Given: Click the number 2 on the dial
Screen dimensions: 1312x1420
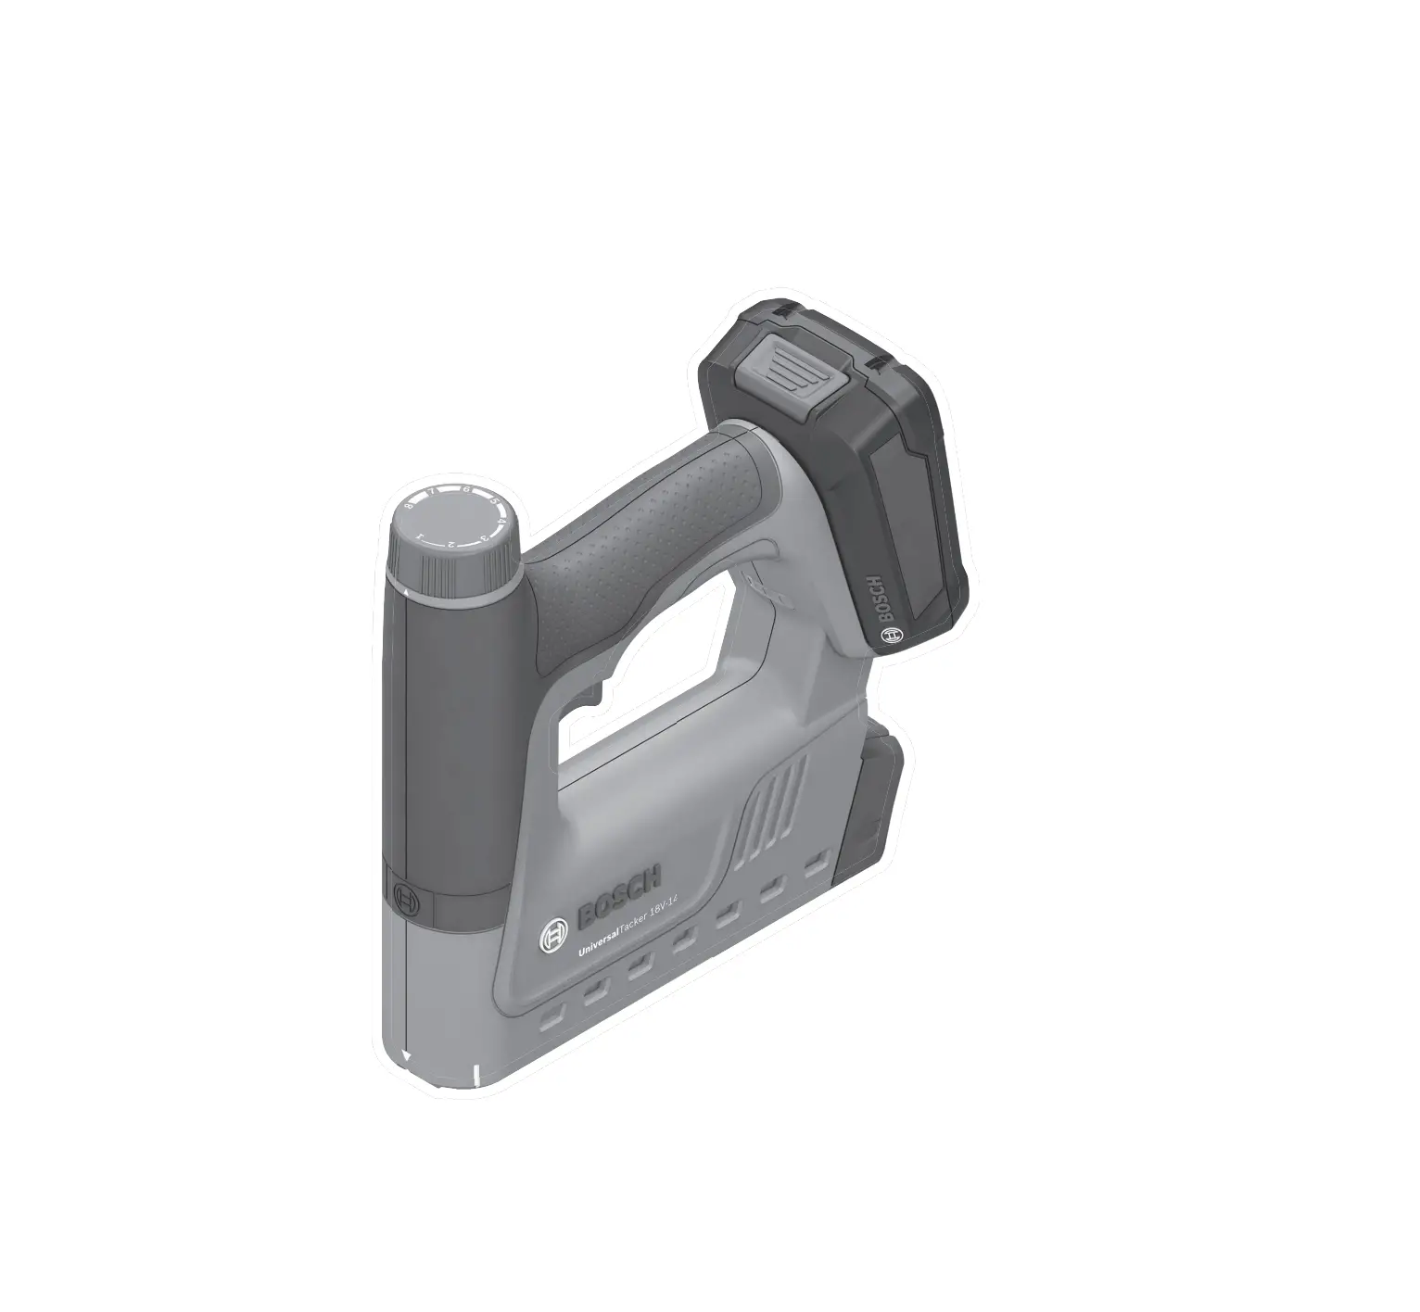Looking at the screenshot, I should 450,543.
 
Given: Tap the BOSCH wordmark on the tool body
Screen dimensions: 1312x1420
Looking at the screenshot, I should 619,896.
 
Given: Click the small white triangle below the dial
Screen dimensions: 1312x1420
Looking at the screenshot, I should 408,589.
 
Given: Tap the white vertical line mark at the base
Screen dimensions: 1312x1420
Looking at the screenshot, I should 475,1075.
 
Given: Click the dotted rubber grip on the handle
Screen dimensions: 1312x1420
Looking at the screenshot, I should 640,533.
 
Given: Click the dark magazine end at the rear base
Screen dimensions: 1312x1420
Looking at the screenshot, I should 871,806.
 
